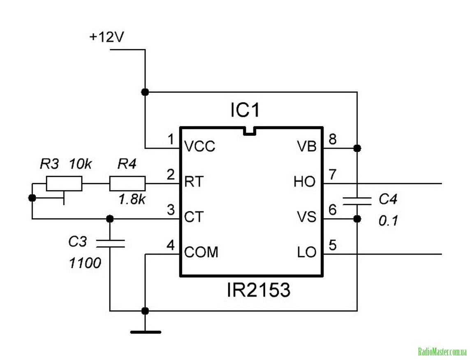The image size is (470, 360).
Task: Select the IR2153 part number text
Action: [x=259, y=291]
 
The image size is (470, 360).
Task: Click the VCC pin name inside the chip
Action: [x=200, y=146]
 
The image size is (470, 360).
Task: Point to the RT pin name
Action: [x=194, y=181]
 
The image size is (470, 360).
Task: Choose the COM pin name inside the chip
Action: [x=201, y=252]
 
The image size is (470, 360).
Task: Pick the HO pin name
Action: [x=305, y=181]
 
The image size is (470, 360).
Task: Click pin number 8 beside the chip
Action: [x=332, y=139]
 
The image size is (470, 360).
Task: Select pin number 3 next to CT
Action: [x=171, y=210]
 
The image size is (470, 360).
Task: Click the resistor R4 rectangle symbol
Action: [x=127, y=183]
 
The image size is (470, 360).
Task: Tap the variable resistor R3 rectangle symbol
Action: [x=64, y=183]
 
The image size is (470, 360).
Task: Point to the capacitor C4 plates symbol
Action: [x=357, y=200]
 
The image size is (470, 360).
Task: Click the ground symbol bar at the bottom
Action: [x=146, y=332]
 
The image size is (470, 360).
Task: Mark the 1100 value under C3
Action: [x=85, y=262]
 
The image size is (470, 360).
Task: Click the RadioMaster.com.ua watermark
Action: [x=442, y=352]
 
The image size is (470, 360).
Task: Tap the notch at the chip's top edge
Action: [x=250, y=130]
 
